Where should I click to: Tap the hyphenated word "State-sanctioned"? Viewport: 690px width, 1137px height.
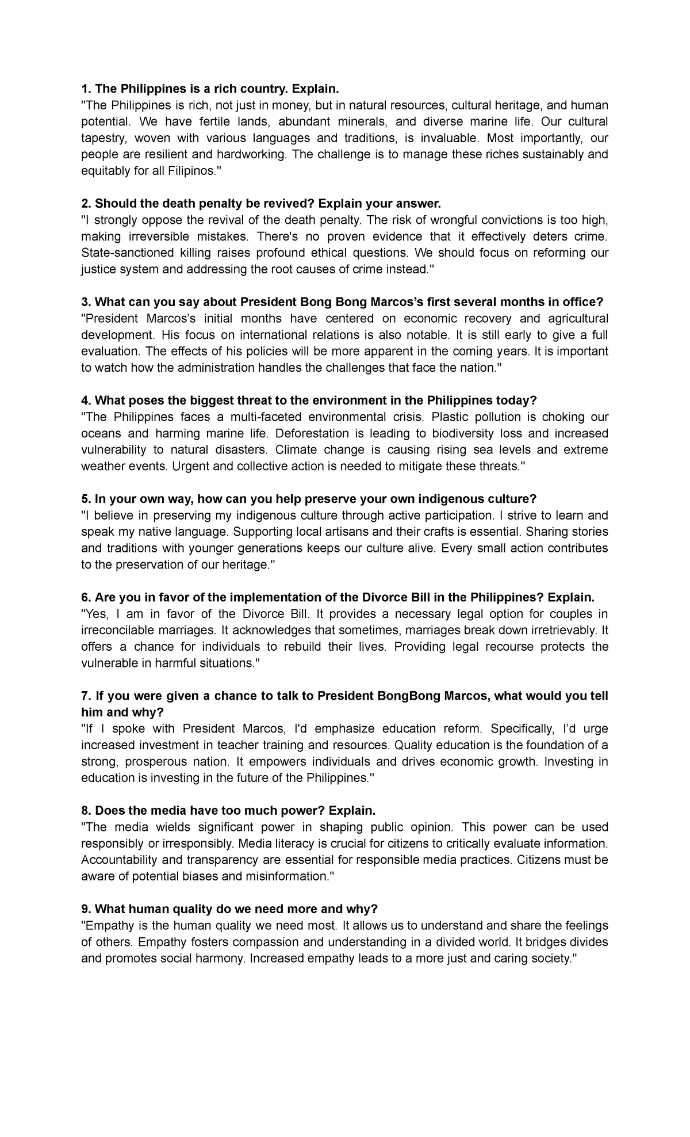click(124, 253)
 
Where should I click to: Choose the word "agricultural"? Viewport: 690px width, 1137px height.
click(576, 319)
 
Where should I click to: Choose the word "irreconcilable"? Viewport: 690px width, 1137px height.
click(121, 630)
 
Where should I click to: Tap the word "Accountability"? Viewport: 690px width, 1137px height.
click(117, 860)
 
